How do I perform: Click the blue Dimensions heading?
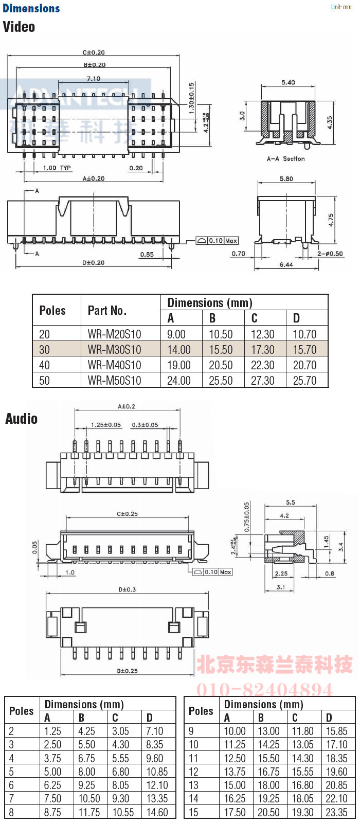click(31, 8)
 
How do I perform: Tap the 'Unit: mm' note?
click(341, 7)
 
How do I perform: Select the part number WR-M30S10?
click(114, 350)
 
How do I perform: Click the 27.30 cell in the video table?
click(262, 381)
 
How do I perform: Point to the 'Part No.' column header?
click(107, 310)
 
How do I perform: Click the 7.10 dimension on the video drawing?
click(94, 79)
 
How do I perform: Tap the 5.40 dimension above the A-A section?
click(288, 82)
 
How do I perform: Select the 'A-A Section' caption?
click(285, 159)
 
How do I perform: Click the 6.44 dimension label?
click(286, 264)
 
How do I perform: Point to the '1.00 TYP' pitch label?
click(57, 168)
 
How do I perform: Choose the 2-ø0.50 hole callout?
click(330, 254)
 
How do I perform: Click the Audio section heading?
click(21, 419)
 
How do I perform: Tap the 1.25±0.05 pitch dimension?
click(106, 425)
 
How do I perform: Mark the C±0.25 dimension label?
click(127, 514)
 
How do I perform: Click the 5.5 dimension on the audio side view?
click(291, 503)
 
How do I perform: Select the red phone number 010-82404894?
click(264, 689)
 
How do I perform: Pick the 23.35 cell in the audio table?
click(336, 813)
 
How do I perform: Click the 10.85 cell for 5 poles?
click(157, 772)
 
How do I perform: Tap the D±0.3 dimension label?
click(127, 589)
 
